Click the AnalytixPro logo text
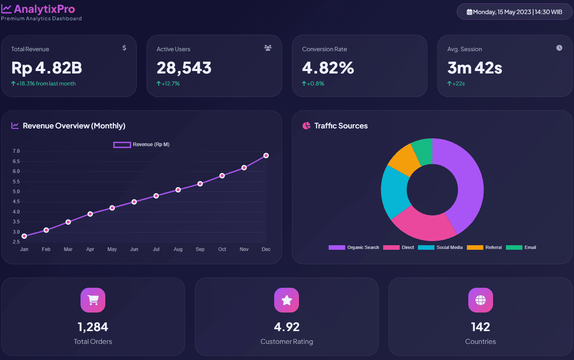[44, 9]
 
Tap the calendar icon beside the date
[470, 12]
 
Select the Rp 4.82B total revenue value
[47, 68]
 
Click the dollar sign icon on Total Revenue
[124, 48]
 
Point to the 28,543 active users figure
[184, 68]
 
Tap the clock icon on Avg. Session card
[559, 48]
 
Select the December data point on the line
[266, 156]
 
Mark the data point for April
[90, 214]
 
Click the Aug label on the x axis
[178, 249]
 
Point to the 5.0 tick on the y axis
[16, 192]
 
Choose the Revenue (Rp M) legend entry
[142, 144]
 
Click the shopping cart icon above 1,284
[93, 300]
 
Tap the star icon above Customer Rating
[287, 300]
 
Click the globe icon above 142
[480, 300]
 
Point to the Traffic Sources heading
[341, 126]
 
